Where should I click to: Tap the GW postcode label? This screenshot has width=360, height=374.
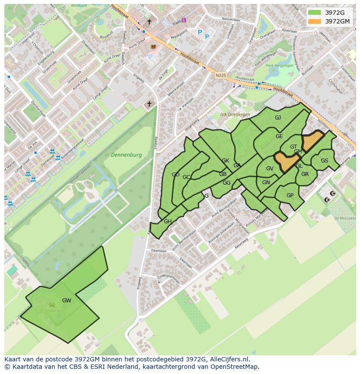tap(67, 300)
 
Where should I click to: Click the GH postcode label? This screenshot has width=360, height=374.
tap(168, 222)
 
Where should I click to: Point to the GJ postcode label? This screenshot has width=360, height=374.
tap(278, 118)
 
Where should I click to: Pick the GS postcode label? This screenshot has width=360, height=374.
tap(324, 161)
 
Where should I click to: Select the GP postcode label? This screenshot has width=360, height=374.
tap(290, 195)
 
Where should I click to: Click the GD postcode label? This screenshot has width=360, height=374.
tap(176, 175)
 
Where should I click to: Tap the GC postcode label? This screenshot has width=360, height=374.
tap(187, 177)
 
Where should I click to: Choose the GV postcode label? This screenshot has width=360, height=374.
tap(270, 169)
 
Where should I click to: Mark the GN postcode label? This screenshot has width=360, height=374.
tap(266, 182)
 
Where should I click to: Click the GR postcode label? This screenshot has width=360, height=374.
tap(305, 174)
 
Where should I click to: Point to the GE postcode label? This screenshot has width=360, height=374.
tap(279, 136)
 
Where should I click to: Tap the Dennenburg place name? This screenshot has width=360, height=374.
tap(126, 155)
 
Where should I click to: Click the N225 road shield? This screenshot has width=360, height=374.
tap(221, 75)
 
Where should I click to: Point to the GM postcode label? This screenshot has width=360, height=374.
tap(298, 152)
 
